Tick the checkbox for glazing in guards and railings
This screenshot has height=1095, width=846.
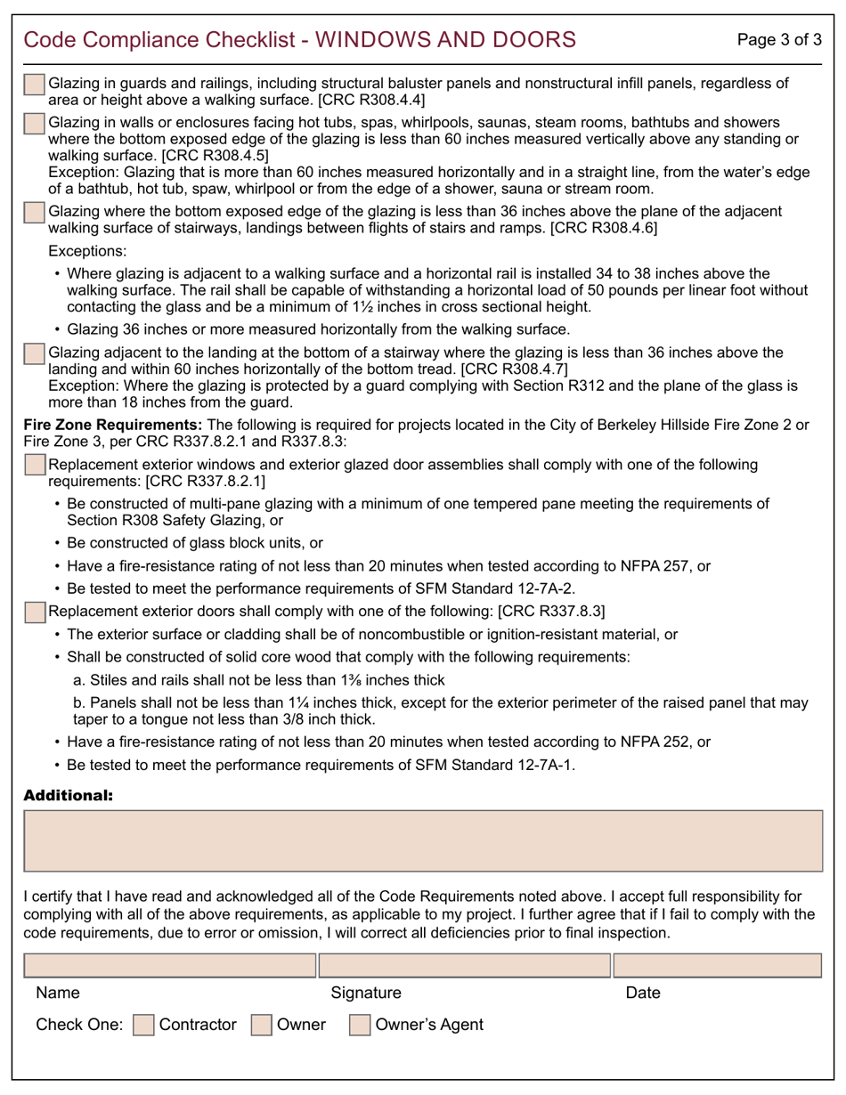[x=34, y=85]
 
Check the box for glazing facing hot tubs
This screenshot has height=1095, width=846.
[x=34, y=123]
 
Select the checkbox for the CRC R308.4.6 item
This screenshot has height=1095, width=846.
[x=34, y=213]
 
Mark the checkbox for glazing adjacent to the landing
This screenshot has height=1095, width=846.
[x=34, y=353]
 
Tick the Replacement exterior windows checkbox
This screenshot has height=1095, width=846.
[x=34, y=466]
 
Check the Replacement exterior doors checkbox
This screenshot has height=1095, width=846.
[x=34, y=612]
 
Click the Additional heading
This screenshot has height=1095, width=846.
[x=68, y=795]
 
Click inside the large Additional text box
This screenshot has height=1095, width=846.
[x=423, y=840]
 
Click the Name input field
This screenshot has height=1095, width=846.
[x=169, y=965]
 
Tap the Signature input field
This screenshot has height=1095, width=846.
[x=464, y=965]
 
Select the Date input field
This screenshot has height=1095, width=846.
[x=718, y=965]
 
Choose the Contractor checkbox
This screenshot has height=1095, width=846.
[x=142, y=1026]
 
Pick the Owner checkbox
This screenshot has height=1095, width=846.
[x=262, y=1026]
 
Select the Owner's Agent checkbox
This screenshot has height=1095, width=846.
[x=360, y=1026]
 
